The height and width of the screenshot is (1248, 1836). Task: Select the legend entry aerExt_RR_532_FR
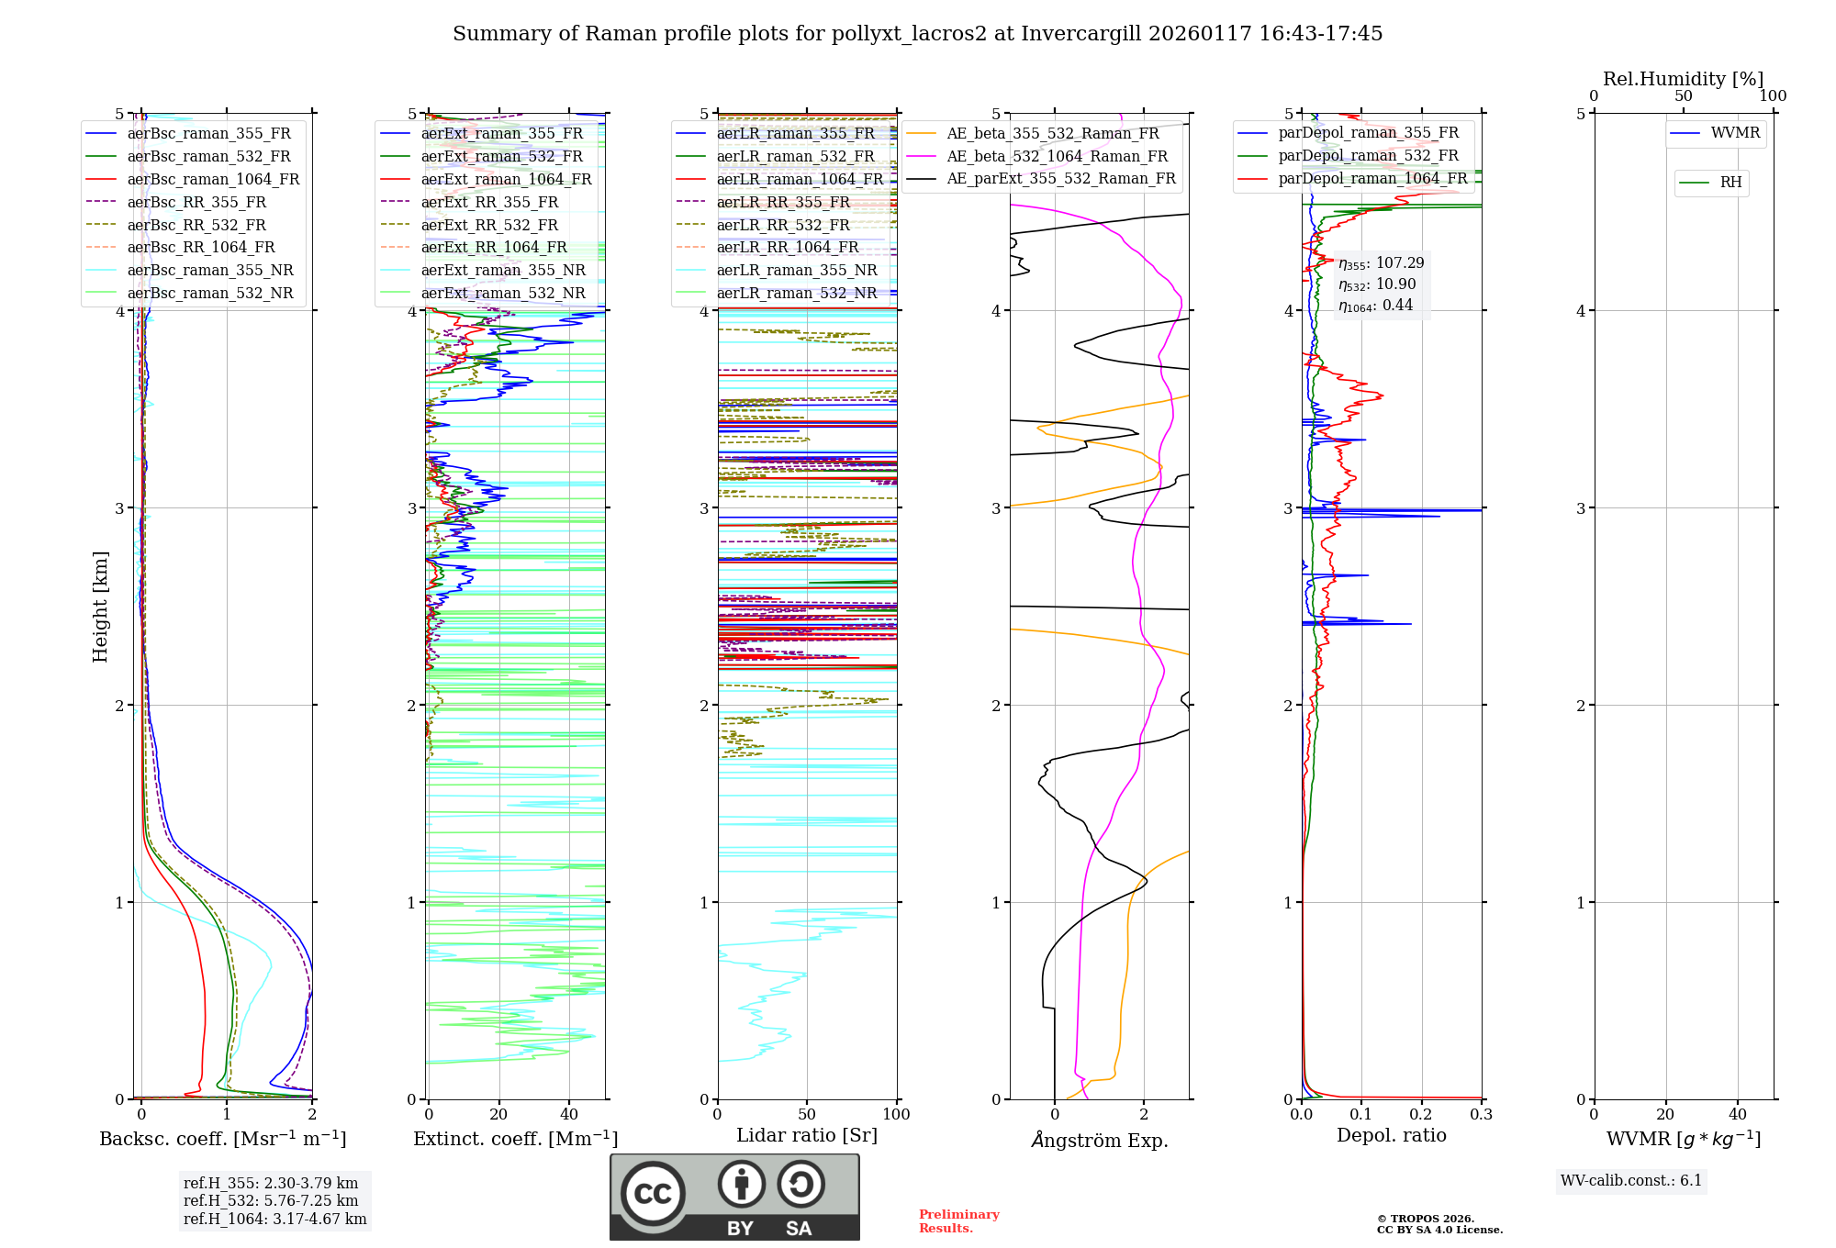pyautogui.click(x=489, y=225)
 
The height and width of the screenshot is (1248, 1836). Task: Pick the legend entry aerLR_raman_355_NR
pyautogui.click(x=797, y=270)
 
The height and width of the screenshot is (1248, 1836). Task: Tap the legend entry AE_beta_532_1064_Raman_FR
pyautogui.click(x=1057, y=156)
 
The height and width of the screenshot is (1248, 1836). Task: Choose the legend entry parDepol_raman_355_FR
pyautogui.click(x=1368, y=133)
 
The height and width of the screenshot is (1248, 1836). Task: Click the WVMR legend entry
pyautogui.click(x=1735, y=133)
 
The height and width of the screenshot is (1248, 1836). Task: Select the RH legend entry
pyautogui.click(x=1730, y=183)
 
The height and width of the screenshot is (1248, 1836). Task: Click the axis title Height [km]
pyautogui.click(x=100, y=607)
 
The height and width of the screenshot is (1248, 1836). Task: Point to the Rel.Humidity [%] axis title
pyautogui.click(x=1683, y=79)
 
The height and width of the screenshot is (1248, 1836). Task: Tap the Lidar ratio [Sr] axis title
pyautogui.click(x=806, y=1135)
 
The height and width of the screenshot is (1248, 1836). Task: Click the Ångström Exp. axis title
pyautogui.click(x=1099, y=1140)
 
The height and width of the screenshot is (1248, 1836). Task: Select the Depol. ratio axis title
pyautogui.click(x=1391, y=1135)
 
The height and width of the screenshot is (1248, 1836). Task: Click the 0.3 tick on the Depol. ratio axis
pyautogui.click(x=1481, y=1115)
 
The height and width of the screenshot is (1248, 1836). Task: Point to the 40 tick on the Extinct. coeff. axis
pyautogui.click(x=569, y=1115)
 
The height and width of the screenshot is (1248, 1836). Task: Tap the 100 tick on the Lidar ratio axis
pyautogui.click(x=896, y=1115)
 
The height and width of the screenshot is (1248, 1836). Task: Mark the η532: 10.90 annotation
pyautogui.click(x=1377, y=284)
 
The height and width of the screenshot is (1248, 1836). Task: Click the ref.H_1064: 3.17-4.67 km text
pyautogui.click(x=274, y=1219)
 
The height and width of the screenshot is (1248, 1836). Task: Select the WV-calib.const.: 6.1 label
pyautogui.click(x=1631, y=1181)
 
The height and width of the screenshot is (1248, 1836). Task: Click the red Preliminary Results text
pyautogui.click(x=958, y=1221)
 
